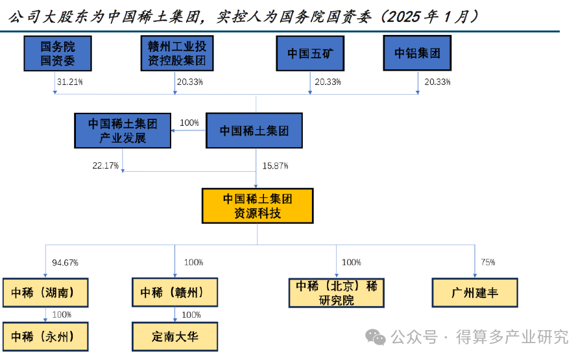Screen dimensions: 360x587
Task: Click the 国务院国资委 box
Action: click(x=58, y=53)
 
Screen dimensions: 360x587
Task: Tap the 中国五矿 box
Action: click(x=309, y=53)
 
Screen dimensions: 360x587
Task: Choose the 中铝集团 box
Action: click(x=417, y=53)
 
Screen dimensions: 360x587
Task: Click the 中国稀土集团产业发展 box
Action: click(x=123, y=130)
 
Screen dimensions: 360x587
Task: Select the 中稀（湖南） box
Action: click(x=45, y=293)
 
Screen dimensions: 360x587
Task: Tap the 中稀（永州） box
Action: click(x=45, y=337)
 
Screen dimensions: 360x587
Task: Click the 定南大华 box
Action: click(x=174, y=337)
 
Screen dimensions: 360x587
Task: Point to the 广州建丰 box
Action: click(x=475, y=293)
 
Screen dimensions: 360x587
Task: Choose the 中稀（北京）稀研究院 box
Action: click(x=336, y=293)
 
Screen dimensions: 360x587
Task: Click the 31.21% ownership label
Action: click(x=70, y=82)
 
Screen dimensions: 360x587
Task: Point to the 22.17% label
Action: click(x=105, y=166)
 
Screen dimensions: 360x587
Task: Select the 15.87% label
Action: click(x=275, y=166)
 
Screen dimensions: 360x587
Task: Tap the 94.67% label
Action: click(x=65, y=263)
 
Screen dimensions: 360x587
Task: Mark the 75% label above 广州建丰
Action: click(x=488, y=262)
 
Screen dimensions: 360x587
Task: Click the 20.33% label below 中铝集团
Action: click(x=437, y=82)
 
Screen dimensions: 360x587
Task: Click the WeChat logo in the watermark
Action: click(x=375, y=337)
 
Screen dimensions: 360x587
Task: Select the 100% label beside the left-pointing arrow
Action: click(x=189, y=123)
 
